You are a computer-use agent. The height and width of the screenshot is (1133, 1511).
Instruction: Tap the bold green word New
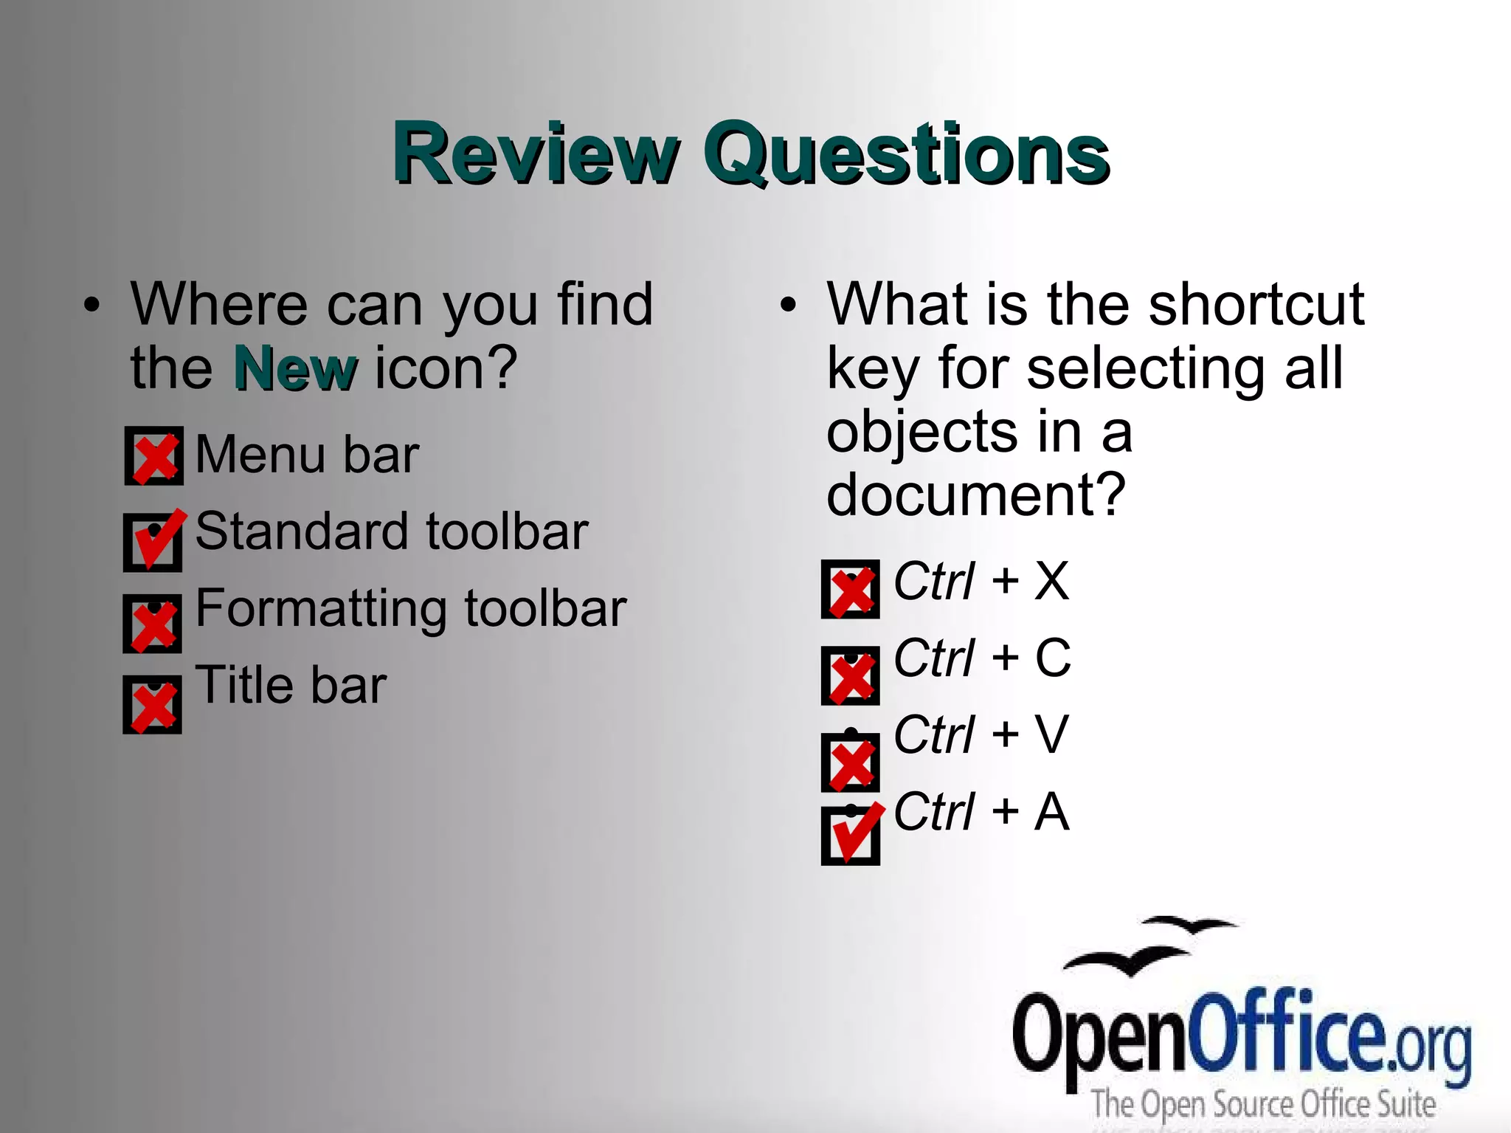point(295,368)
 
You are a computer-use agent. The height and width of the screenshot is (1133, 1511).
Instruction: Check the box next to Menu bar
point(153,456)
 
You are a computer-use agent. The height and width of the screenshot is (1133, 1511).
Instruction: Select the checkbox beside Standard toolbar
point(153,543)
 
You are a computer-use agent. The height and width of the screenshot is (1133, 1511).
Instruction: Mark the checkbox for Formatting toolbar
point(153,624)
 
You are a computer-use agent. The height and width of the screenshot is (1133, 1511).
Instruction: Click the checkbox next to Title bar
point(153,705)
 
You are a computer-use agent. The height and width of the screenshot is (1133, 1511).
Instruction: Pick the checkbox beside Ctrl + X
point(850,589)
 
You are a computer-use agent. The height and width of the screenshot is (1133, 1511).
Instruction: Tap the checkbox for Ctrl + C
point(850,675)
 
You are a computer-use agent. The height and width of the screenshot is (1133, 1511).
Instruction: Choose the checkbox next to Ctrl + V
point(850,762)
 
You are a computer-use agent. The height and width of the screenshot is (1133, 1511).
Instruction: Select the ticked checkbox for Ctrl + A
point(850,836)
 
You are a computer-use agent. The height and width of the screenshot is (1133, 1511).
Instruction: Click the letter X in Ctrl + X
point(1051,582)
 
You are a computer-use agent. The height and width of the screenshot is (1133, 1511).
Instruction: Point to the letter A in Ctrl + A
point(1051,812)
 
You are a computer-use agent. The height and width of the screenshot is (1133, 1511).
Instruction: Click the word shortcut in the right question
point(1256,304)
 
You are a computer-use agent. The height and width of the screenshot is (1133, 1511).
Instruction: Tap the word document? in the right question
point(975,495)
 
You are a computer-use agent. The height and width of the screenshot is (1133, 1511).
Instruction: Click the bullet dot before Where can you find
point(91,305)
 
